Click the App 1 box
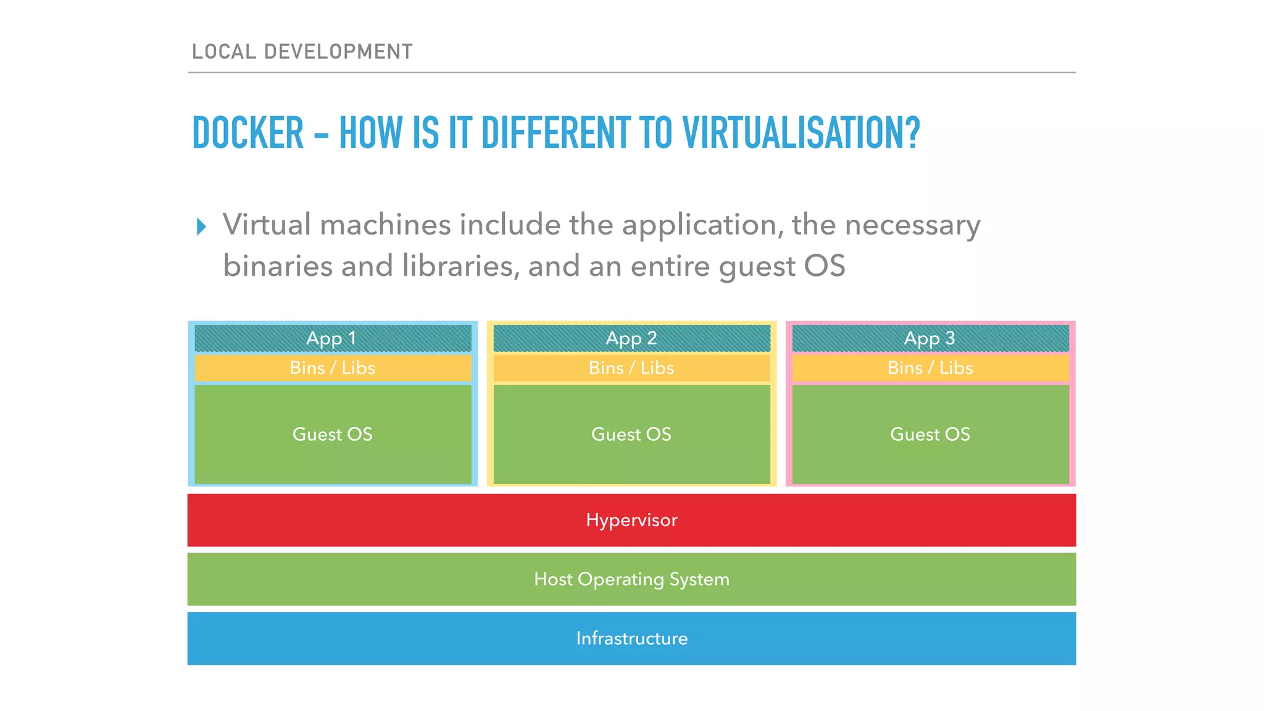333,338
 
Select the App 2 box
631,338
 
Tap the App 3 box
930,338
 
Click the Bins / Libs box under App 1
333,368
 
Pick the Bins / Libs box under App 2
631,368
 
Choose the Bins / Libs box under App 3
930,368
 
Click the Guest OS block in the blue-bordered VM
333,434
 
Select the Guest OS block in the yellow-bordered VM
631,434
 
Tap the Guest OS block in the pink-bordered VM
930,434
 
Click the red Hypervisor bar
631,520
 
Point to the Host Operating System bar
631,579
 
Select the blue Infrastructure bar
631,638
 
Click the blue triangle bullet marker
201,227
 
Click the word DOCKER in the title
248,133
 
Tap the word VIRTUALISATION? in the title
800,133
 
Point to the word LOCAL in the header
224,52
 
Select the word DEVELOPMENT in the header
338,52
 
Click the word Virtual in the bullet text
267,225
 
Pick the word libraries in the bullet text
457,266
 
